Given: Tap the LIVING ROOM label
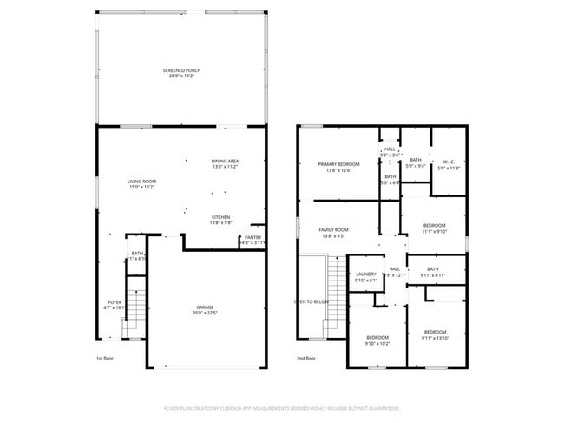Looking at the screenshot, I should (x=141, y=181).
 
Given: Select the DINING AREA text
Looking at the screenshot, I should (x=225, y=161).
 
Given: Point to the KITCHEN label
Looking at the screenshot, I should (x=221, y=216).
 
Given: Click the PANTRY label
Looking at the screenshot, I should (x=252, y=237).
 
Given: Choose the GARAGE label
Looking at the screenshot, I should (x=205, y=308).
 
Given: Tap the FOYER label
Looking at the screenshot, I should (x=115, y=301).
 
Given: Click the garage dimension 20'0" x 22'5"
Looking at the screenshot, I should (x=205, y=314).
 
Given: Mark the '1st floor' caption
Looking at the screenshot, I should (x=105, y=358).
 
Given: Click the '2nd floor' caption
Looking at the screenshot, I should (x=305, y=358).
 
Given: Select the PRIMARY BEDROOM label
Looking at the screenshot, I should (x=338, y=164).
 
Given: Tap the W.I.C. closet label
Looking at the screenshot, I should (x=449, y=162).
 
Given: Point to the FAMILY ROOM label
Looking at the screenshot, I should (x=333, y=229).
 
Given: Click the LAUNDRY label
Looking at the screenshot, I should (x=365, y=274).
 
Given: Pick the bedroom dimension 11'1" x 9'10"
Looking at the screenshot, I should (x=433, y=231).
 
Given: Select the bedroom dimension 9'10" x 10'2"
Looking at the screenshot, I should (x=377, y=343).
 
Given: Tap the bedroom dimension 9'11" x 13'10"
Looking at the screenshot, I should (x=435, y=337).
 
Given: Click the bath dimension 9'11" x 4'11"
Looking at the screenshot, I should (x=432, y=275).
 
